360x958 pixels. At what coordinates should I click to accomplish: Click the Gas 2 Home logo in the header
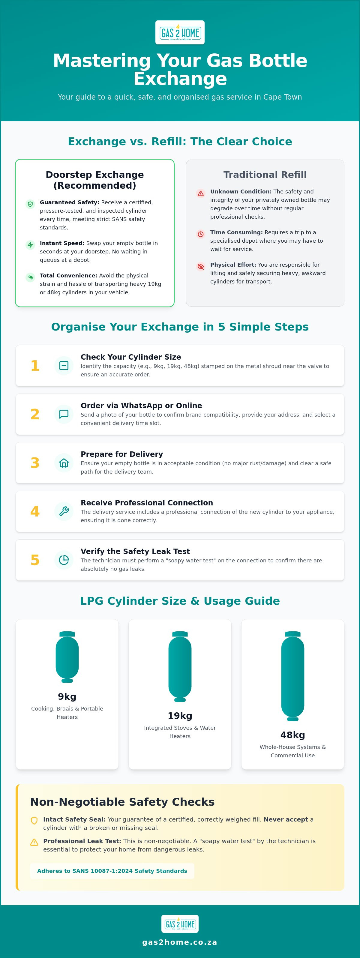click(x=180, y=32)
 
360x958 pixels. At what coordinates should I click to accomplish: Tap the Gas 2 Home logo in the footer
click(x=180, y=924)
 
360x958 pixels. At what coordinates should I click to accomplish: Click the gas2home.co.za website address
click(x=180, y=942)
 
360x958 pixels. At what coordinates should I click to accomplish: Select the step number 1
click(x=35, y=366)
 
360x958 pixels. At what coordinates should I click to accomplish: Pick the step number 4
click(x=35, y=511)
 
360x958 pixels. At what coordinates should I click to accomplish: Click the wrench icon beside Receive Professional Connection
click(x=64, y=511)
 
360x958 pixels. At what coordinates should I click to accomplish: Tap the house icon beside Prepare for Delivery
click(x=64, y=463)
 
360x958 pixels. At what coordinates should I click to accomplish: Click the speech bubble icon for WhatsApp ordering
click(x=64, y=414)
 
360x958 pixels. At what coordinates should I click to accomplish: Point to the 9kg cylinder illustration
click(x=67, y=657)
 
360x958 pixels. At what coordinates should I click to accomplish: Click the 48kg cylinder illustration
click(x=293, y=676)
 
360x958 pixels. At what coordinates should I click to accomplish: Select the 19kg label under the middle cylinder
click(x=180, y=716)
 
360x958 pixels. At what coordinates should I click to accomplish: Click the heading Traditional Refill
click(x=265, y=175)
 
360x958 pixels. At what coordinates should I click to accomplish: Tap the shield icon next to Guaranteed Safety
click(x=30, y=204)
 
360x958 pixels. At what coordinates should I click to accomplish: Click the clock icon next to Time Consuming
click(x=200, y=234)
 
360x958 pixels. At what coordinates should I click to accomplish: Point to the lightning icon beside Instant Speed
click(x=30, y=245)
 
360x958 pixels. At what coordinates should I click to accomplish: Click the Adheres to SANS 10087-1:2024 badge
click(x=112, y=871)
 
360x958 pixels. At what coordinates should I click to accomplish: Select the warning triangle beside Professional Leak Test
click(x=34, y=842)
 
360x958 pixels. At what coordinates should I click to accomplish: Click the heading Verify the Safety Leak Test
click(x=135, y=551)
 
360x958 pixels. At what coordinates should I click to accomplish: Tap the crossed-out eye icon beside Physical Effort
click(x=200, y=266)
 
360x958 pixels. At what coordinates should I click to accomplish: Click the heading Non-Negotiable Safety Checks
click(x=122, y=801)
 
